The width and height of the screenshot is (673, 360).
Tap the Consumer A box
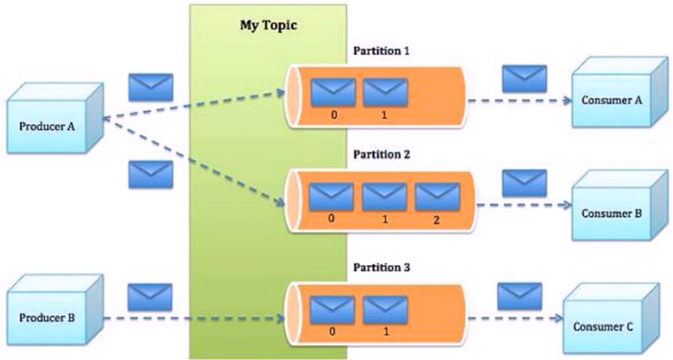620,92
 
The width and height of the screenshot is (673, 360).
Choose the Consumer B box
620,205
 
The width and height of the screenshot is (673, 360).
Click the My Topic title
268,25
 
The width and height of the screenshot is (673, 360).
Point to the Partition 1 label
381,51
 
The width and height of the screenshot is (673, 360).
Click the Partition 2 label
382,154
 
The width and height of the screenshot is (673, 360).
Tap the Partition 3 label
382,268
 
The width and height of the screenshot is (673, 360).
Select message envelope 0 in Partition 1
333,92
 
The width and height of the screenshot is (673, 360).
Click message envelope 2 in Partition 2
437,197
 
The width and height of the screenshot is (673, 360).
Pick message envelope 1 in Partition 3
385,310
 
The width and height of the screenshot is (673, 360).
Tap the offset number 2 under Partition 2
436,220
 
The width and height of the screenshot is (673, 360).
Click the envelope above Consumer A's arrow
524,79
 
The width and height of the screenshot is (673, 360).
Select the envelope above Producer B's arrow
150,297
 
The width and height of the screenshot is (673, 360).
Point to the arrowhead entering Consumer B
568,205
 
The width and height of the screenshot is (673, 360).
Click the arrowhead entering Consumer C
558,318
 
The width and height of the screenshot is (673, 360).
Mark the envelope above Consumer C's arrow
520,297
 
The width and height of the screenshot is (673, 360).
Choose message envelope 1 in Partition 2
385,197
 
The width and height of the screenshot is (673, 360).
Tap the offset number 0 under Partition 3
333,332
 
